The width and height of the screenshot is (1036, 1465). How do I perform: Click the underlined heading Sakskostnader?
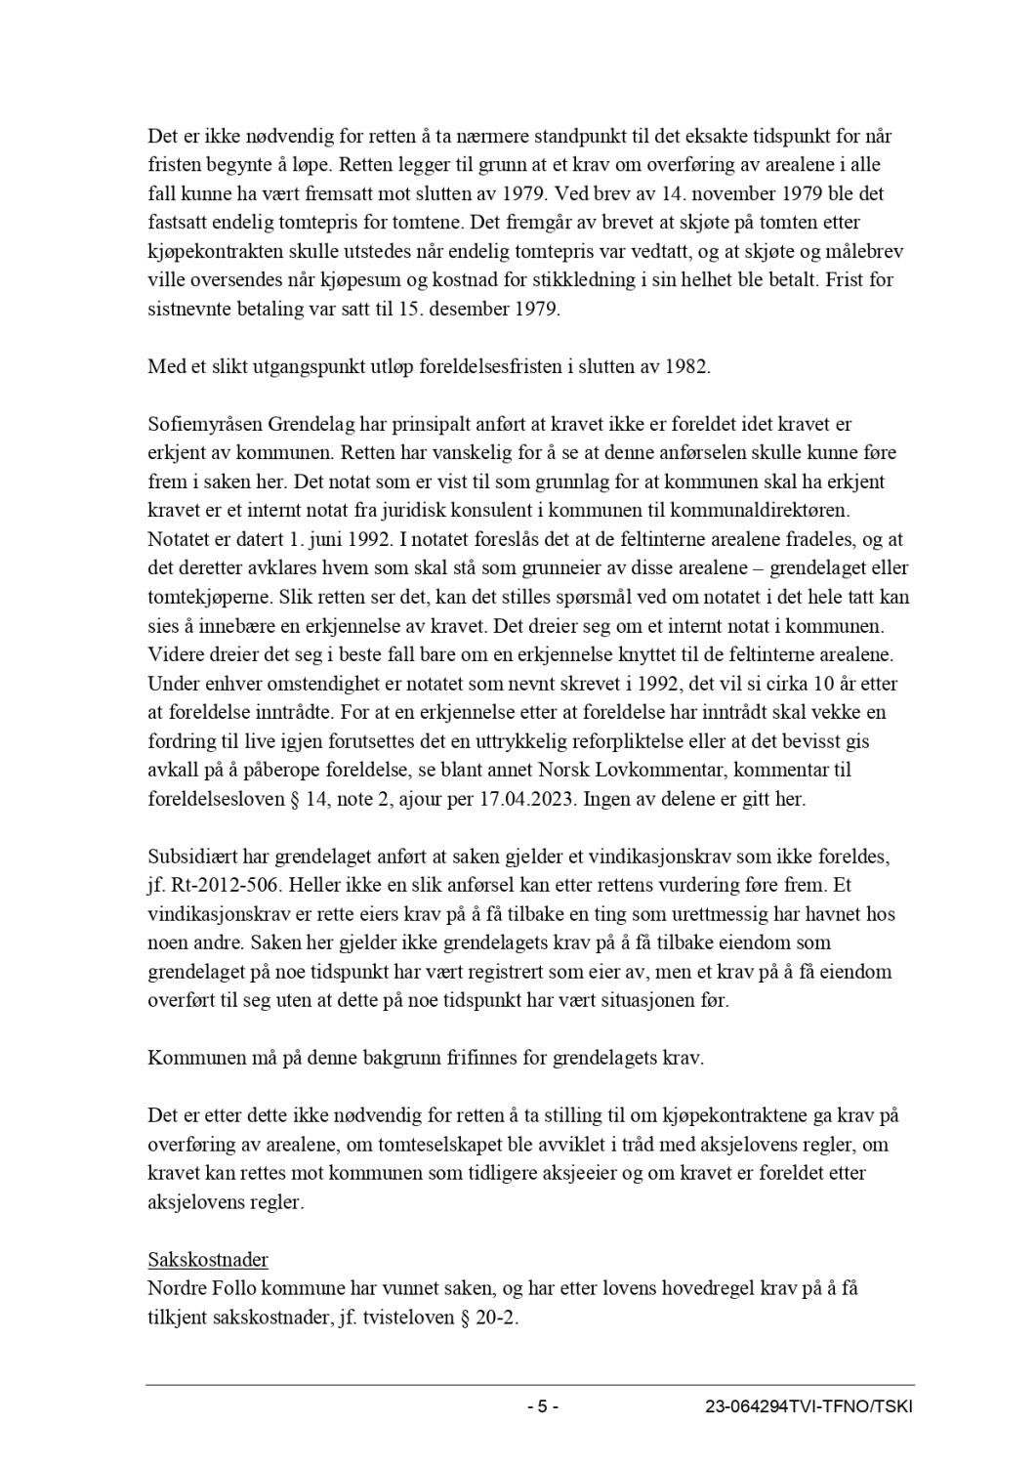coord(208,1259)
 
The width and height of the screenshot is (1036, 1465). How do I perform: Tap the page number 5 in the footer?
coord(543,1407)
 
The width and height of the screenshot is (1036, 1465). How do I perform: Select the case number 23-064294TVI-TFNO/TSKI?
coord(809,1407)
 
